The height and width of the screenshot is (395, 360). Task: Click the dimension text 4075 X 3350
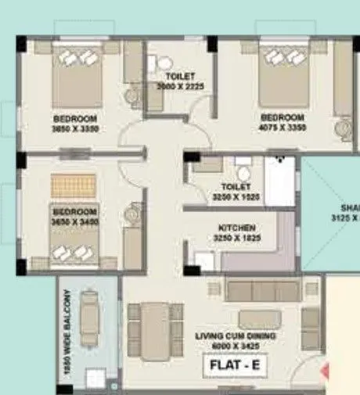tap(283, 127)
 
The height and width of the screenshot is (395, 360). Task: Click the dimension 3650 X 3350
tap(75, 128)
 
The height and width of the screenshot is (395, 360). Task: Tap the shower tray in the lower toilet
tap(279, 181)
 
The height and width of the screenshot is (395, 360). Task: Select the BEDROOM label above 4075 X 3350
tap(283, 118)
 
